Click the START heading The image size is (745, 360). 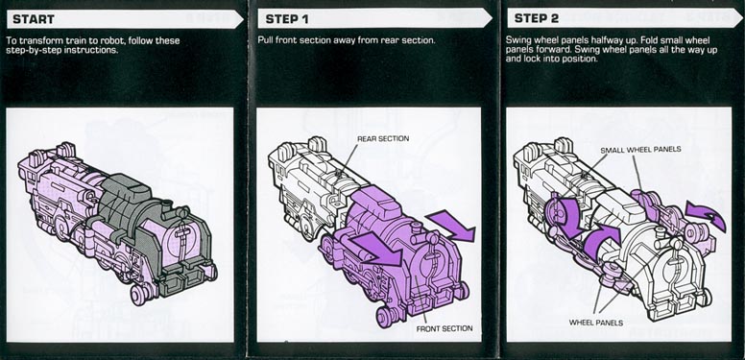point(34,19)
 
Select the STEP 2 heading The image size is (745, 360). point(536,18)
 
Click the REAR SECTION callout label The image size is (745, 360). point(383,138)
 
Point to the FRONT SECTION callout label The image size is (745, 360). point(445,328)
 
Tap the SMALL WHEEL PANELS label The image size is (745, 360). point(640,150)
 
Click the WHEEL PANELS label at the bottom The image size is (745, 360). point(596,323)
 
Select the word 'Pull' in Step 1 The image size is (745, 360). point(265,40)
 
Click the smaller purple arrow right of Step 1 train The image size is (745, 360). point(450,226)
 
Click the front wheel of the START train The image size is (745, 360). point(140,295)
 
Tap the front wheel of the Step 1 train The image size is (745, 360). point(386,317)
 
